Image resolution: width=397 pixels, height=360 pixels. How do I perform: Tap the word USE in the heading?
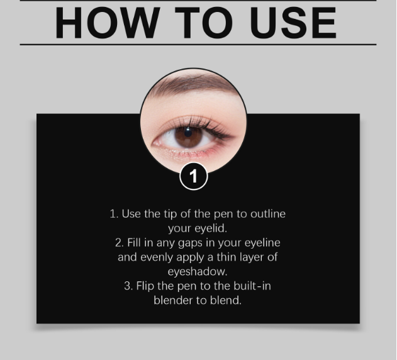[x=294, y=23]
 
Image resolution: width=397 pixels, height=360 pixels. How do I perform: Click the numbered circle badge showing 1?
[x=194, y=176]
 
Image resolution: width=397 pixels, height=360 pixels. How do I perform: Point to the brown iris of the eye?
[x=189, y=137]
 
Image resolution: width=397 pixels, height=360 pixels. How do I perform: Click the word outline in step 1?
[x=268, y=214]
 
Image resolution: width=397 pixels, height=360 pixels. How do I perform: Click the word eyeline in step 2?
[x=262, y=243]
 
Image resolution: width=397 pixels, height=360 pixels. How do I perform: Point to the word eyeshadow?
[x=198, y=272]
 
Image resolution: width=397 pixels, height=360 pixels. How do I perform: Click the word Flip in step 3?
[x=145, y=286]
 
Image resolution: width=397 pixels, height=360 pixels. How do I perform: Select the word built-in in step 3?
[x=252, y=286]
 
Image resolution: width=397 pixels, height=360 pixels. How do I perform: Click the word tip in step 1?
[x=170, y=215]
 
